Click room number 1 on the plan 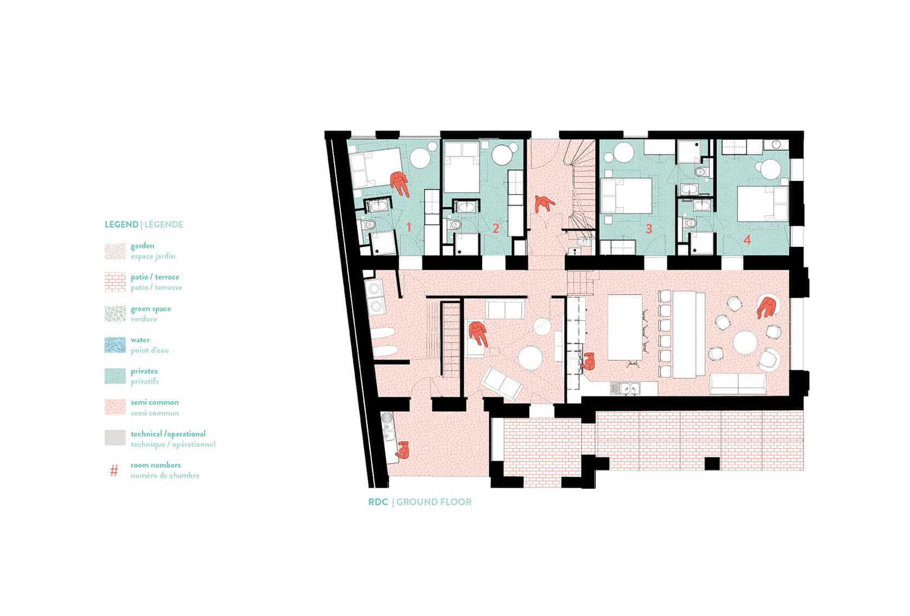(x=408, y=227)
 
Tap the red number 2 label (x=496, y=228)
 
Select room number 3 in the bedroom (x=649, y=228)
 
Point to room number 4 (x=747, y=240)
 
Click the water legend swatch (x=115, y=345)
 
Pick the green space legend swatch (x=115, y=314)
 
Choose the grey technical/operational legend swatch (x=115, y=438)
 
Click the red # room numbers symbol (x=114, y=470)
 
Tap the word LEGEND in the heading (x=121, y=225)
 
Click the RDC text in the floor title (x=378, y=502)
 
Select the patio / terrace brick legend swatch (x=115, y=282)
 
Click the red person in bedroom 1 (x=400, y=184)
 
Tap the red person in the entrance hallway (x=543, y=204)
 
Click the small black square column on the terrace (x=712, y=463)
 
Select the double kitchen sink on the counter (x=625, y=389)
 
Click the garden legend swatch (x=115, y=251)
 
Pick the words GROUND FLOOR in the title (x=434, y=502)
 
